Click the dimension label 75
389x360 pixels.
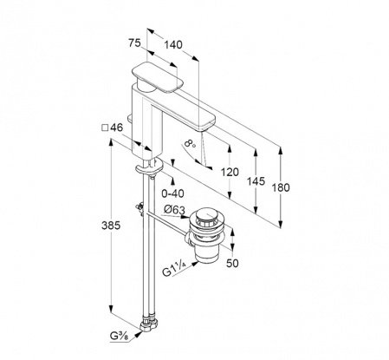pyautogui.click(x=134, y=43)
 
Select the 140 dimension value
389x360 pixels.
pyautogui.click(x=173, y=45)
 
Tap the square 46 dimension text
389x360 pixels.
pyautogui.click(x=113, y=128)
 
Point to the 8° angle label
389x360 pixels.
pyautogui.click(x=190, y=143)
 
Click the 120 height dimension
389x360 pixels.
pyautogui.click(x=230, y=172)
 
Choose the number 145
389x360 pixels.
pyautogui.click(x=256, y=181)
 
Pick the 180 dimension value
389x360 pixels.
pyautogui.click(x=281, y=187)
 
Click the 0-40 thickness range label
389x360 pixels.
pyautogui.click(x=172, y=193)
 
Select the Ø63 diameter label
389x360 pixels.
pyautogui.click(x=174, y=210)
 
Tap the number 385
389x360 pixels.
pyautogui.click(x=111, y=226)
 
